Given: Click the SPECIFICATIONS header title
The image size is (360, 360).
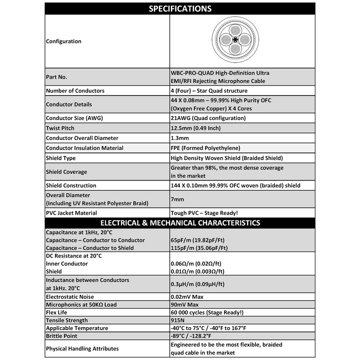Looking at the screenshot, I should pyautogui.click(x=180, y=9).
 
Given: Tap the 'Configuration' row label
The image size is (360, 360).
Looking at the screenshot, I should pyautogui.click(x=63, y=41).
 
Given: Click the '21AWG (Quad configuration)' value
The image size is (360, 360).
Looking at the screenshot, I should pyautogui.click(x=208, y=119).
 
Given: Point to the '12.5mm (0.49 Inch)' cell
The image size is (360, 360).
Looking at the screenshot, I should pyautogui.click(x=197, y=128).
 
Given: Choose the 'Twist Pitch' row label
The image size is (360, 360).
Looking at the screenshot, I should pyautogui.click(x=60, y=128).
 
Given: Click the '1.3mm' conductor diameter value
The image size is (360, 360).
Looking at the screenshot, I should pyautogui.click(x=180, y=138).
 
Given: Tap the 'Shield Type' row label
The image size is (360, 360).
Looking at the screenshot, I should pyautogui.click(x=61, y=158).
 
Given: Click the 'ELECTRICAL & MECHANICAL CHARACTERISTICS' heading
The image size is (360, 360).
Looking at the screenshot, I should pyautogui.click(x=180, y=223).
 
